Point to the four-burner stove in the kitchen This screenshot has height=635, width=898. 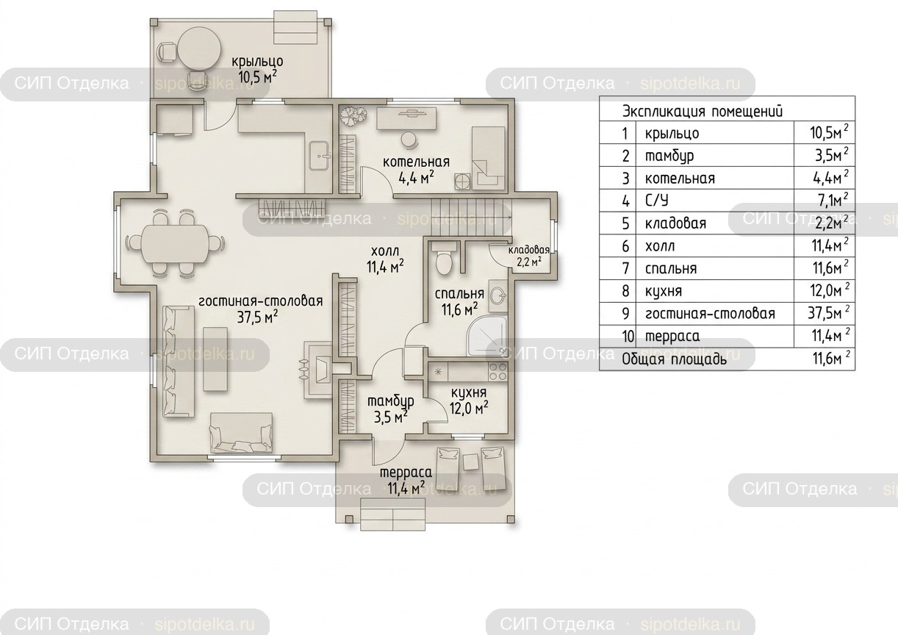(x=498, y=371)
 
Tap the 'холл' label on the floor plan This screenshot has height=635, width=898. (x=385, y=251)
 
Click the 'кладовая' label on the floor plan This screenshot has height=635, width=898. (x=529, y=250)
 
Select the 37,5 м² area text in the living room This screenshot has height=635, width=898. (x=258, y=317)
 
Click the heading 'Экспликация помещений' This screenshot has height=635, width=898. (x=702, y=111)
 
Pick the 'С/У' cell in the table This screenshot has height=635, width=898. (x=657, y=201)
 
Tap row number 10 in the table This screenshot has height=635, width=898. (x=628, y=336)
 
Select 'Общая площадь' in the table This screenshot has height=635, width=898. (x=674, y=359)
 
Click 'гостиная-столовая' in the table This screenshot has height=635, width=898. (x=710, y=314)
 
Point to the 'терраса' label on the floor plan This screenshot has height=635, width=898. (x=406, y=473)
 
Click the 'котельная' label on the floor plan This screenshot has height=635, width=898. (x=416, y=162)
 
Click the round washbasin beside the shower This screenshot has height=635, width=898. (x=498, y=297)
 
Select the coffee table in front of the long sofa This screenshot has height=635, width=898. (x=215, y=359)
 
